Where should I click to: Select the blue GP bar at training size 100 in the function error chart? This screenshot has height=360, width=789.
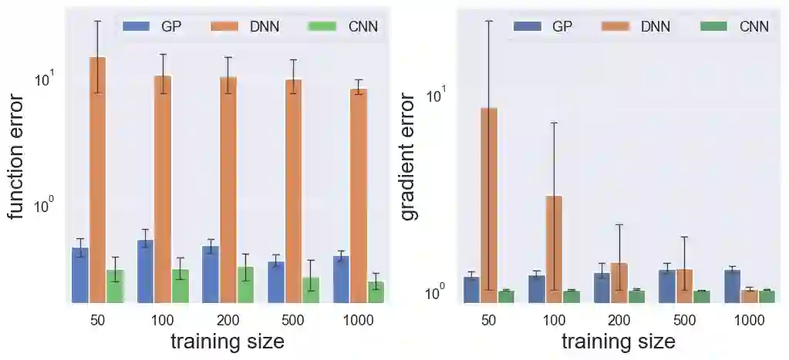point(145,271)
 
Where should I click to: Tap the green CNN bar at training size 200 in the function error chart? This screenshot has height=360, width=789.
point(245,284)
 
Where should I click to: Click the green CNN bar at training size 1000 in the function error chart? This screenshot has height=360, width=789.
point(376,292)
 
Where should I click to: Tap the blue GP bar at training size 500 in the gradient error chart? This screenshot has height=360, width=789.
point(667,286)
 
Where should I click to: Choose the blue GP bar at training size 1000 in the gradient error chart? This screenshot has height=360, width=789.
point(732,286)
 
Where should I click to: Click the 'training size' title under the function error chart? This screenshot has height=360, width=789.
point(228,341)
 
